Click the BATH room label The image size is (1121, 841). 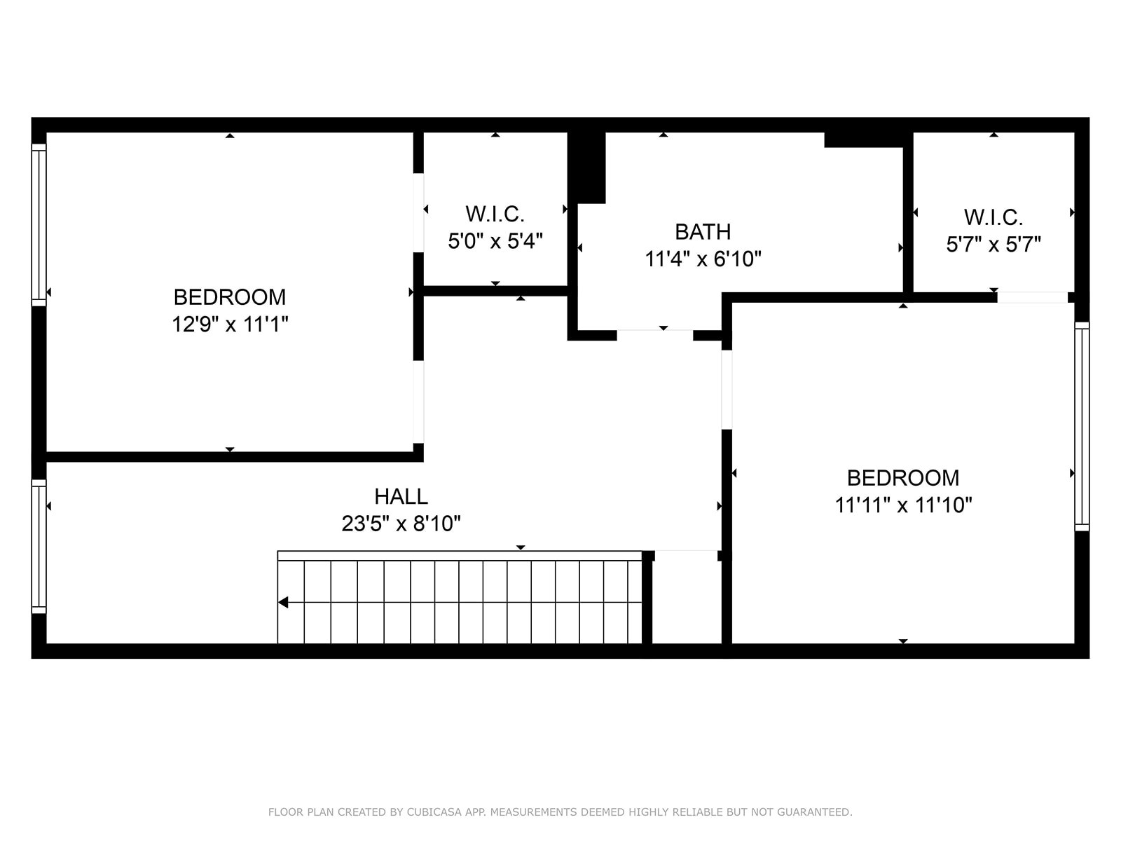tap(703, 231)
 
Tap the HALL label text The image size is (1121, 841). tap(401, 496)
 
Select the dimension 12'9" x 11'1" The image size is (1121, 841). tap(230, 324)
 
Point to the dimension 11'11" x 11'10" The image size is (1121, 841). tap(903, 505)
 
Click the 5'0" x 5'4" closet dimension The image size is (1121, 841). tap(495, 241)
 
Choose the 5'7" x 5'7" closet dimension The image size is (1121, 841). tap(993, 245)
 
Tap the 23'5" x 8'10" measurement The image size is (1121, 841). tap(401, 524)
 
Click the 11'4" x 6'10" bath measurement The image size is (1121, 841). tap(703, 259)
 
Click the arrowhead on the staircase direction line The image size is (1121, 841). tap(283, 603)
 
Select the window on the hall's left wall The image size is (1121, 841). tap(39, 547)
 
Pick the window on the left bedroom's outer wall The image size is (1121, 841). tap(39, 225)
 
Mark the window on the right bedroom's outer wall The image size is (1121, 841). tap(1082, 426)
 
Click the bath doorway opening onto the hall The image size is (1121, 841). tap(654, 335)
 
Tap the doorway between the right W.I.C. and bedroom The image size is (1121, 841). tap(1032, 297)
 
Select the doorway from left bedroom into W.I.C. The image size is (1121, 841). tap(418, 212)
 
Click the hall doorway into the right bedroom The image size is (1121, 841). tap(727, 390)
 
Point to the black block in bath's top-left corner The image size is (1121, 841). tap(587, 167)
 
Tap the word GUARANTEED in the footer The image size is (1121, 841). tap(820, 812)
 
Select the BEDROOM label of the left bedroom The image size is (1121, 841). tap(230, 297)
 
